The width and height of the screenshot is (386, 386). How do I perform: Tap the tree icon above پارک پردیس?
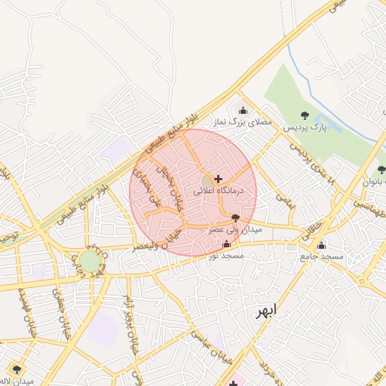(305, 115)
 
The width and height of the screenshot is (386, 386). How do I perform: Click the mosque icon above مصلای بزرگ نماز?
(243, 110)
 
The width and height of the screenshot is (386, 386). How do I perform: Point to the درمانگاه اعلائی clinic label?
(219, 191)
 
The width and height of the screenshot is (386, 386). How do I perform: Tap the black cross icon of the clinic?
(219, 179)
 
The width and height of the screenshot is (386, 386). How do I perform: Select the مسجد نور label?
(227, 256)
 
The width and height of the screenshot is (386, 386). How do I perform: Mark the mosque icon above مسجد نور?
(227, 244)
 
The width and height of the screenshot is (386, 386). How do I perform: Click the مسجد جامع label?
(322, 257)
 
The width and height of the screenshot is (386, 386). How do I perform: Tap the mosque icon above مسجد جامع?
(322, 245)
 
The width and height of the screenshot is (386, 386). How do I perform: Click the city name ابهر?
(265, 311)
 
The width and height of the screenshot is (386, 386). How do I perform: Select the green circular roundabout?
(90, 262)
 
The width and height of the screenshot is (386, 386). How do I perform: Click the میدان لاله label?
(17, 381)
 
